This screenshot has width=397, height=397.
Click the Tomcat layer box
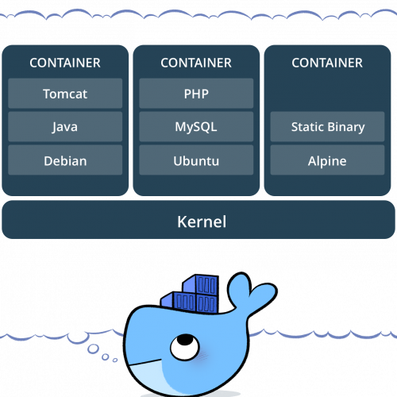pos(65,93)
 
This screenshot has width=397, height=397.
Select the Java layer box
pos(65,126)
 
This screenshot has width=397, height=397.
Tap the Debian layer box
pos(65,160)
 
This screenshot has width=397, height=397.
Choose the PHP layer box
pos(196,93)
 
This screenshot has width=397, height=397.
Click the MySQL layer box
pos(196,126)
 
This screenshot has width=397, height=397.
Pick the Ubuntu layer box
pos(196,160)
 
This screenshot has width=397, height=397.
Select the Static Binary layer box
pos(327,126)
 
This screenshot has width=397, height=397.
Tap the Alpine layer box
pos(327,160)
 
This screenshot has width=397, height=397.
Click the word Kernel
pos(202,222)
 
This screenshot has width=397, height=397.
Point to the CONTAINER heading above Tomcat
pos(65,63)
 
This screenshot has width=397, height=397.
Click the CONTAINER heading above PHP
pos(196,63)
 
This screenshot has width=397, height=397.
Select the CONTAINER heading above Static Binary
pos(327,63)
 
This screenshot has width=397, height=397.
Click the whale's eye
pos(185,347)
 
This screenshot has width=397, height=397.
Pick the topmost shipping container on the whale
pos(200,284)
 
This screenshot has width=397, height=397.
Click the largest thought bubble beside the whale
pos(93,349)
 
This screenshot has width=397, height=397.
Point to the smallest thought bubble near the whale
pos(115,360)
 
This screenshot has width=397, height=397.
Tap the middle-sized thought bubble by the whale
pos(106,357)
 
